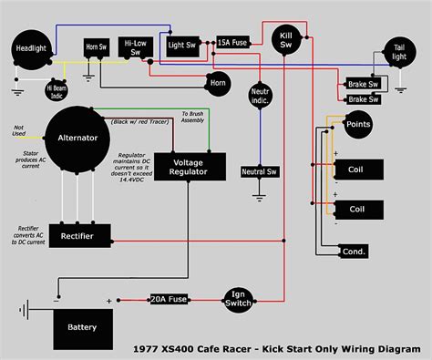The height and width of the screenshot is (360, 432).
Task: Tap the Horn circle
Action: tap(216, 83)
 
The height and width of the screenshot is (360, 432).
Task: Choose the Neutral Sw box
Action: tap(260, 171)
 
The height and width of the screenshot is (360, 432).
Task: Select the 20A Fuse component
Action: tap(170, 299)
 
